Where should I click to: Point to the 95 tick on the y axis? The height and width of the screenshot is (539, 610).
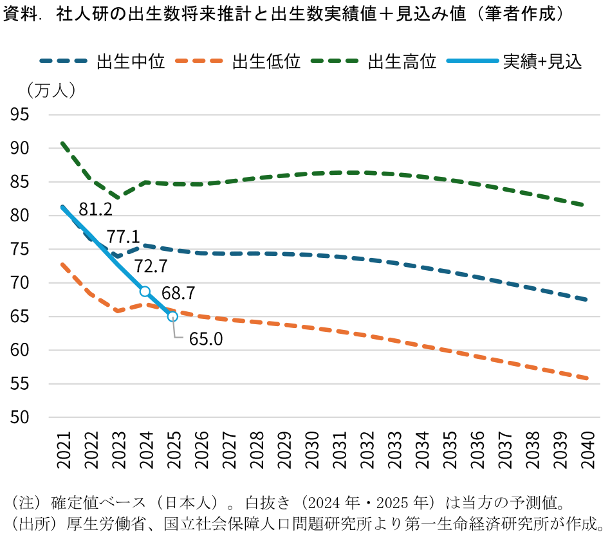click(21, 114)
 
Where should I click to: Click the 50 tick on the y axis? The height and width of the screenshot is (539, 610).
click(21, 417)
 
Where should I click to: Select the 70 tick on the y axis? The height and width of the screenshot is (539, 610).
click(21, 283)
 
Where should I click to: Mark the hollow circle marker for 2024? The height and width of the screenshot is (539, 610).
click(145, 291)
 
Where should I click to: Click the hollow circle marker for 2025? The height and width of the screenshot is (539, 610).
click(172, 316)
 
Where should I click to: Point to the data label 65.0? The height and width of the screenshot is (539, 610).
click(206, 339)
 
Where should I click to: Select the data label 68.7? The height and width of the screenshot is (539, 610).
click(179, 294)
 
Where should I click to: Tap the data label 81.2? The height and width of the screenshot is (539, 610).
click(96, 209)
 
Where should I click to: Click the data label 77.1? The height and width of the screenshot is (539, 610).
click(124, 237)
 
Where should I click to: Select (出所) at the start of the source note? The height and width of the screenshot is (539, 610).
click(26, 521)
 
